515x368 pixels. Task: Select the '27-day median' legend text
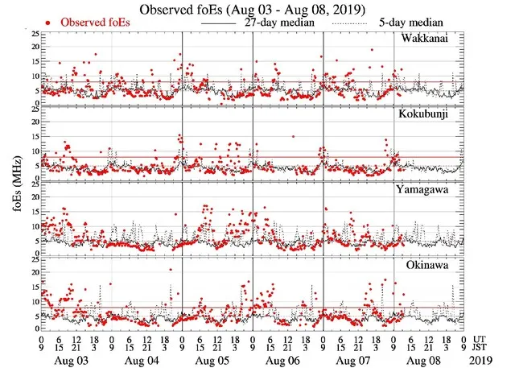click(274, 23)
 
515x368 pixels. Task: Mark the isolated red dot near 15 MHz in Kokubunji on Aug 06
click(293, 136)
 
